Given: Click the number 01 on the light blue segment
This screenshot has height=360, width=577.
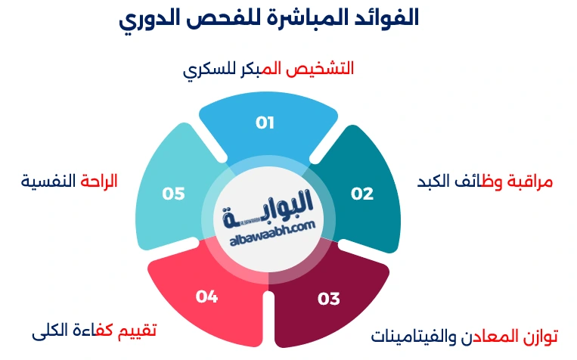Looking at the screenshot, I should point(265,123).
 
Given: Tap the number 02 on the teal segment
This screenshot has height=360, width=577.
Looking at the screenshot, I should point(362,194).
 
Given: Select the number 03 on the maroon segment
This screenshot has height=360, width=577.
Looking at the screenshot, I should point(329,299).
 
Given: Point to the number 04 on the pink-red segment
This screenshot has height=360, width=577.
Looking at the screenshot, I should point(206,296).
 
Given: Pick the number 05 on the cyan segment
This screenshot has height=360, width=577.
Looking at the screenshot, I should point(173,194).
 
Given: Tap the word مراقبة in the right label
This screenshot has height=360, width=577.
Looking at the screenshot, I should point(529,182).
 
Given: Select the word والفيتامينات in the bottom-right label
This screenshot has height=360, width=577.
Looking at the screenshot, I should point(413,335).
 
